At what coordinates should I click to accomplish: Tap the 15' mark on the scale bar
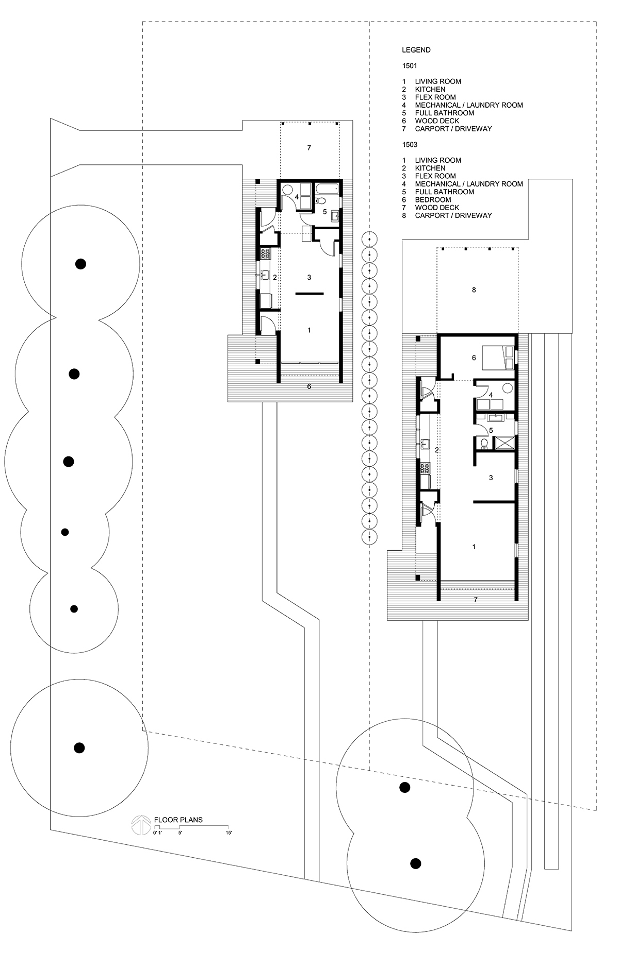[x=229, y=833]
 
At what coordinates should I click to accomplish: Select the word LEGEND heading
[x=416, y=50]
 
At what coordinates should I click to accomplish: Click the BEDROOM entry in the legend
[x=433, y=199]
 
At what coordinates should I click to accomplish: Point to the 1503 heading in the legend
[x=410, y=145]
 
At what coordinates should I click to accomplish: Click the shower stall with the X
[x=504, y=443]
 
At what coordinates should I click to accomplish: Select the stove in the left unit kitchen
[x=265, y=253]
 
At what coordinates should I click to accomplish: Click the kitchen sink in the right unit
[x=426, y=444]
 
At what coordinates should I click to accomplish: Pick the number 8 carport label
[x=474, y=290]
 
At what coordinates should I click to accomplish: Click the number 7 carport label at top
[x=309, y=148]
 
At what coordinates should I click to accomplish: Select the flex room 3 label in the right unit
[x=491, y=478]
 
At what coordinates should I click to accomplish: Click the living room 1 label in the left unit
[x=309, y=330]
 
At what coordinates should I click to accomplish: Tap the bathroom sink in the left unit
[x=334, y=215]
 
